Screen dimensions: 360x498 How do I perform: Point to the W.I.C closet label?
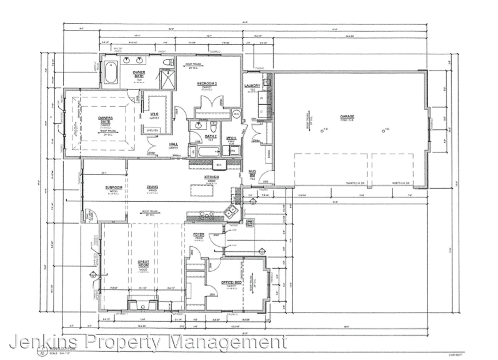click(x=154, y=114)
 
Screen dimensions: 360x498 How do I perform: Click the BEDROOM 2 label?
click(x=207, y=83)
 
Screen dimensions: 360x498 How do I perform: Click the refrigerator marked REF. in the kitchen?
click(x=219, y=165)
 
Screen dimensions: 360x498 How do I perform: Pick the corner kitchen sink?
click(x=231, y=209)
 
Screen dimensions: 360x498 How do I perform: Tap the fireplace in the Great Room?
click(x=144, y=306)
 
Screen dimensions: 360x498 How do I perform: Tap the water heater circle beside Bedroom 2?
click(x=236, y=114)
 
